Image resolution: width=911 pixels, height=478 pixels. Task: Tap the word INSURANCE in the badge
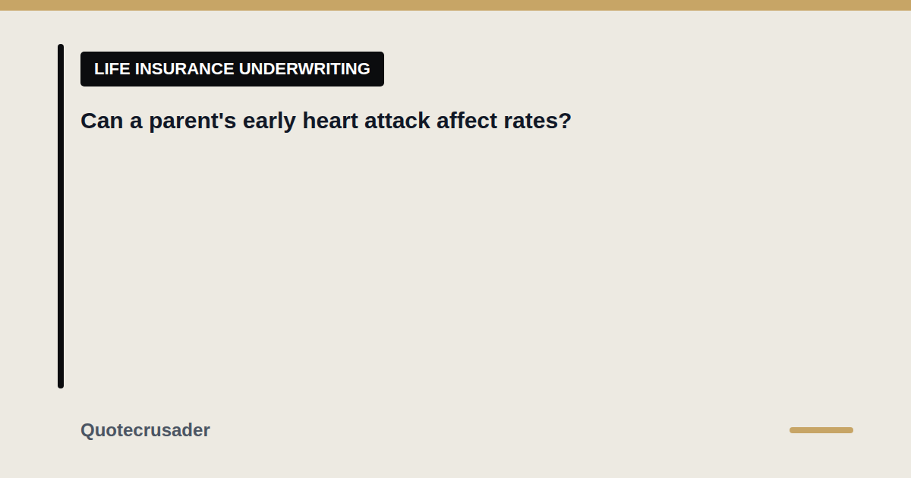coord(184,69)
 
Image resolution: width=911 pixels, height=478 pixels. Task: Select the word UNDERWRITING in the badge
coord(304,69)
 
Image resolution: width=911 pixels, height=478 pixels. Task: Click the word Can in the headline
coord(102,121)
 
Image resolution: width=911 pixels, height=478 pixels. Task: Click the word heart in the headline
coord(330,121)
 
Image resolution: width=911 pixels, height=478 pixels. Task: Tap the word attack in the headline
coord(397,121)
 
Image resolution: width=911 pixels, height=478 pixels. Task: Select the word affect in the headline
coord(467,121)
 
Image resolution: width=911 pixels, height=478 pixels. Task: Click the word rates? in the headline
coord(537,121)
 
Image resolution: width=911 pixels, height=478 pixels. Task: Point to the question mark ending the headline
coord(566,121)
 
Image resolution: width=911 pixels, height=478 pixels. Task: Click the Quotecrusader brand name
coord(145,430)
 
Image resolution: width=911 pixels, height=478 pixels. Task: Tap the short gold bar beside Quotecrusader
coord(821,430)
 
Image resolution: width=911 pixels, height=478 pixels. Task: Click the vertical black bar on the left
coord(61,216)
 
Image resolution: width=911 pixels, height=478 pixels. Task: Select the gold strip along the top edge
coord(455,5)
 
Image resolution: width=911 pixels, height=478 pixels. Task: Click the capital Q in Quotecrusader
coord(88,430)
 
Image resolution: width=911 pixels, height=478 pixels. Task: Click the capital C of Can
coord(89,121)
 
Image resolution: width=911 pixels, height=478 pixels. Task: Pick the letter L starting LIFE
coord(99,69)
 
